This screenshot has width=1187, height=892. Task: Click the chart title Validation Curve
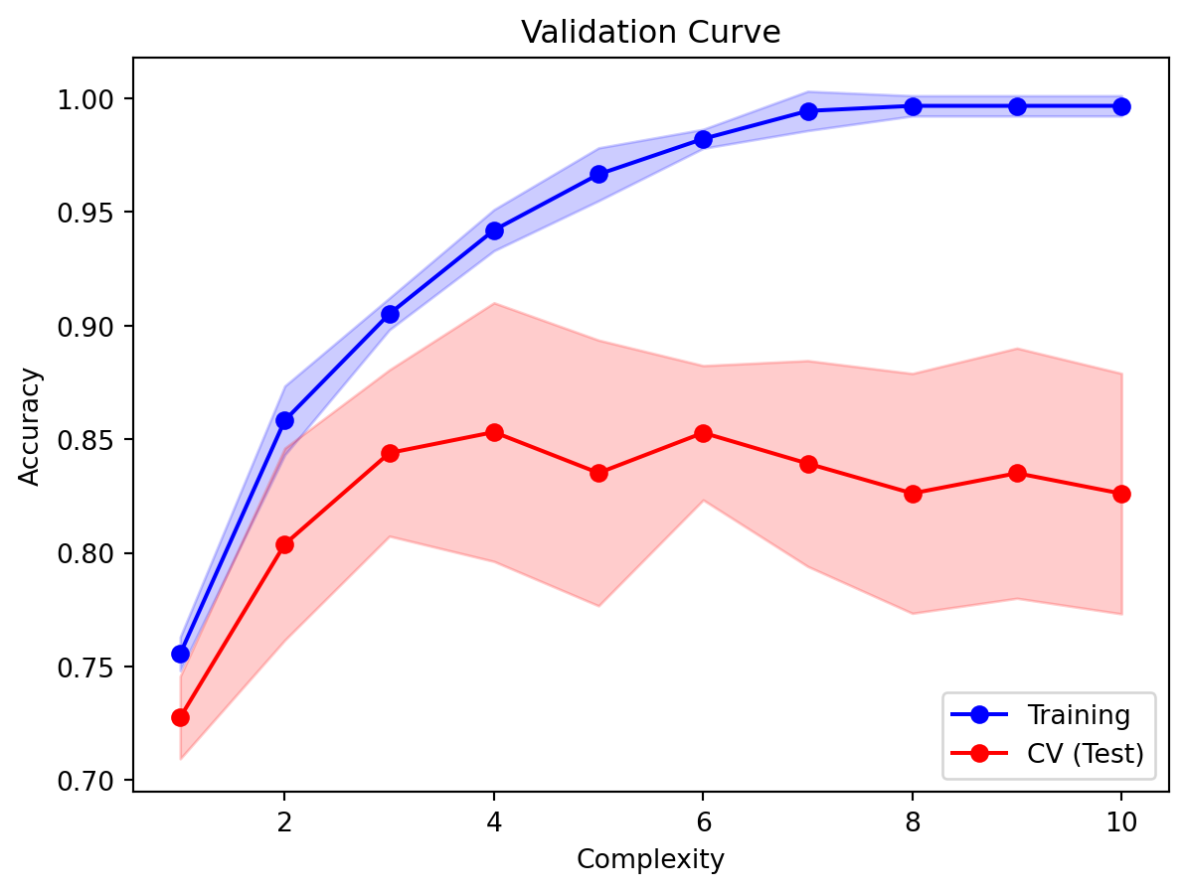pos(650,32)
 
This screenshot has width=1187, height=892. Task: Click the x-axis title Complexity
pos(650,859)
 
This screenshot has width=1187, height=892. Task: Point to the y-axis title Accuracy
pos(31,425)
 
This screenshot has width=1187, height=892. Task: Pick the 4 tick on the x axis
pos(494,823)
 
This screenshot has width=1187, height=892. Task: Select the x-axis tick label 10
pos(1121,823)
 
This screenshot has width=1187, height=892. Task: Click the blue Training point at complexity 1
pos(180,654)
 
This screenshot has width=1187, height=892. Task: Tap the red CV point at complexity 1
pos(180,717)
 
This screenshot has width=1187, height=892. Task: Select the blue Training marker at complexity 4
pos(494,230)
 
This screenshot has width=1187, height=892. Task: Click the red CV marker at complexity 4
pos(494,432)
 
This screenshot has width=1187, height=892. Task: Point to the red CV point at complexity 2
pos(284,544)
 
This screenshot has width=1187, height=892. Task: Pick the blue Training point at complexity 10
pos(1121,106)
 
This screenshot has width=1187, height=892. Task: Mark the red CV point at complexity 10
pos(1121,494)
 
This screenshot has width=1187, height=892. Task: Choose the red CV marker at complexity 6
pos(703,433)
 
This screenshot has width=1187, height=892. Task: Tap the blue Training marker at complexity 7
pos(808,111)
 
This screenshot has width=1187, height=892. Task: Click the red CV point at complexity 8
pos(913,494)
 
